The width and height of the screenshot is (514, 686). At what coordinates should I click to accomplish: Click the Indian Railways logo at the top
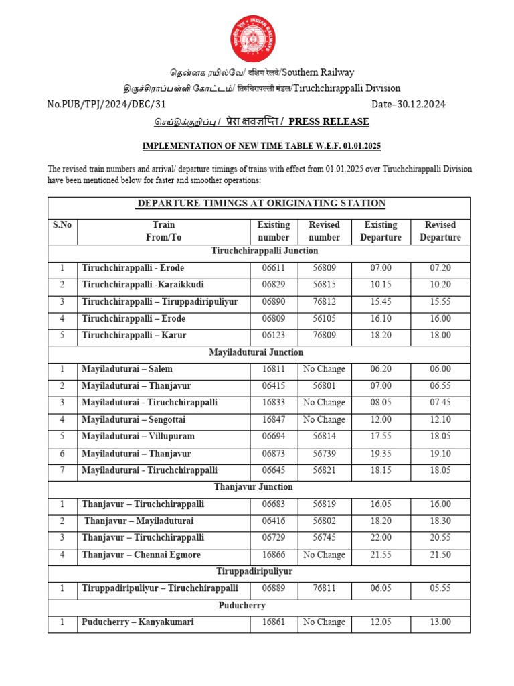point(254,37)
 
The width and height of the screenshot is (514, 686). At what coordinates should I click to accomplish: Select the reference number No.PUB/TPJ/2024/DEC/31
point(106,104)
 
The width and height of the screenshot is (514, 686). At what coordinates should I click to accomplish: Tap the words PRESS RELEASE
point(329,121)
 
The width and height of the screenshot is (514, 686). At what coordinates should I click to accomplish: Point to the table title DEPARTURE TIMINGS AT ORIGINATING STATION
point(261,203)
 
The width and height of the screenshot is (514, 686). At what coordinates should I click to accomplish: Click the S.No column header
point(62,225)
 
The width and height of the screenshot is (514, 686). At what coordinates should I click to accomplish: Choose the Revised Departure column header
point(440,231)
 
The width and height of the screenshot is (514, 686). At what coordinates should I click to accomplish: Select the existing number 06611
point(273,268)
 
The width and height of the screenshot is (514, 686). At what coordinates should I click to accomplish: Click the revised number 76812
point(324,301)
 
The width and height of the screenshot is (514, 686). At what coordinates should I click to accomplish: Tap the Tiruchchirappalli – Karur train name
point(134,335)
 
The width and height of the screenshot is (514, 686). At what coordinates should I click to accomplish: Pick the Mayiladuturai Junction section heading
point(256,352)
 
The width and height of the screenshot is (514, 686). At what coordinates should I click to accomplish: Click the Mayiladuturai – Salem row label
point(127,369)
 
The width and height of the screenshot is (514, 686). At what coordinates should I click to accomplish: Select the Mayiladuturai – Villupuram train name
point(138,436)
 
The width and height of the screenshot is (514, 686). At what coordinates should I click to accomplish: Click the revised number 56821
point(324,470)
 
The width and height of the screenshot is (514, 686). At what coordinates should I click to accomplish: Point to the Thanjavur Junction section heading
point(253,487)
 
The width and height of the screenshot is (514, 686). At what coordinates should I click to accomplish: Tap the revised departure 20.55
point(440,537)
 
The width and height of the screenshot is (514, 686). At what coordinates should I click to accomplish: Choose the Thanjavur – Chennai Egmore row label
point(141,555)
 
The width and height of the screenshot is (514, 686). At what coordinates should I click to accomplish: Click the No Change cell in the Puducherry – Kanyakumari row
point(324,622)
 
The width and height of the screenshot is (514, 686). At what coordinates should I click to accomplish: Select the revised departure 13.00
point(440,622)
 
